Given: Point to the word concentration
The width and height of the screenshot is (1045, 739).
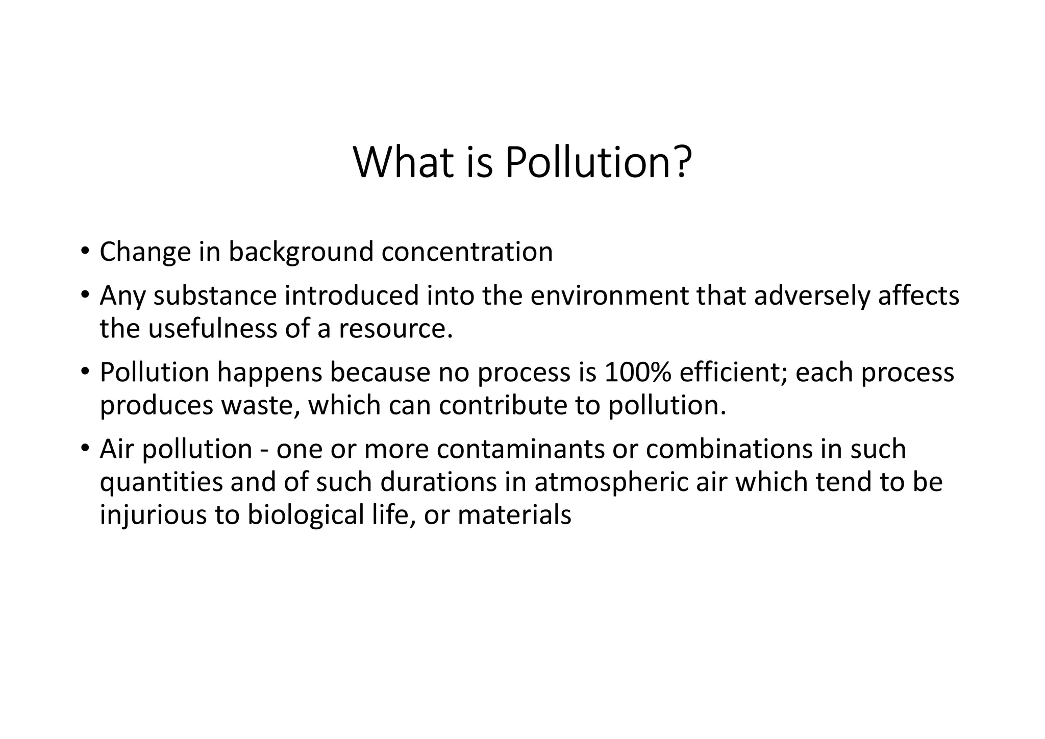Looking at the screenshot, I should (467, 252).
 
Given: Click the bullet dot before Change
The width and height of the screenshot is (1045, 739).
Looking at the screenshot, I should (85, 251).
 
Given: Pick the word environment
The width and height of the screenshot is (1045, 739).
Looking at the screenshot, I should (610, 296).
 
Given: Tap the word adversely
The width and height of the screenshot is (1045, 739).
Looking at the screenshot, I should (812, 296).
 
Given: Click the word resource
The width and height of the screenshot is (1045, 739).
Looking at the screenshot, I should (395, 329).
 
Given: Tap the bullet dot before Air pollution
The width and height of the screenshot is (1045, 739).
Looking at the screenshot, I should (85, 448).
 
